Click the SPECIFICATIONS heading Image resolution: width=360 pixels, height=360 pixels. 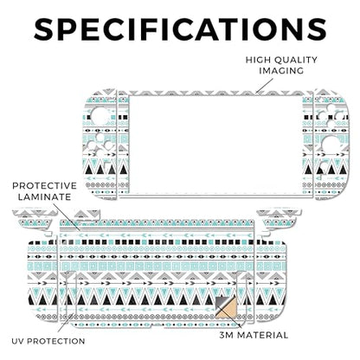[x=180, y=29]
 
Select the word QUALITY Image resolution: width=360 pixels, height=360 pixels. [x=296, y=60]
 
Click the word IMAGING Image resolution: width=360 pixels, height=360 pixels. [x=281, y=71]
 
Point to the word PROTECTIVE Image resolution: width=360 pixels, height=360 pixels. [x=44, y=185]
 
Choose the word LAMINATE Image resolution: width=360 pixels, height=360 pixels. [x=45, y=197]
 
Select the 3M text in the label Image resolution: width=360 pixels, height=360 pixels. [x=226, y=335]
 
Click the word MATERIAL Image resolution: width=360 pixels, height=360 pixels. [x=262, y=335]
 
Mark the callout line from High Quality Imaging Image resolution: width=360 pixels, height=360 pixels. [x=264, y=86]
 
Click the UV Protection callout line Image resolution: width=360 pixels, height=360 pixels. [x=65, y=323]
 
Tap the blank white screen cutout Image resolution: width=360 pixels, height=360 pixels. [x=215, y=145]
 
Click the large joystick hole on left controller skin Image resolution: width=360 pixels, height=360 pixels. [x=100, y=117]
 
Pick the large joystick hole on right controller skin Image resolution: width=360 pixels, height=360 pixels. [x=331, y=145]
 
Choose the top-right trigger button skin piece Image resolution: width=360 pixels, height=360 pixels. [x=279, y=214]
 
